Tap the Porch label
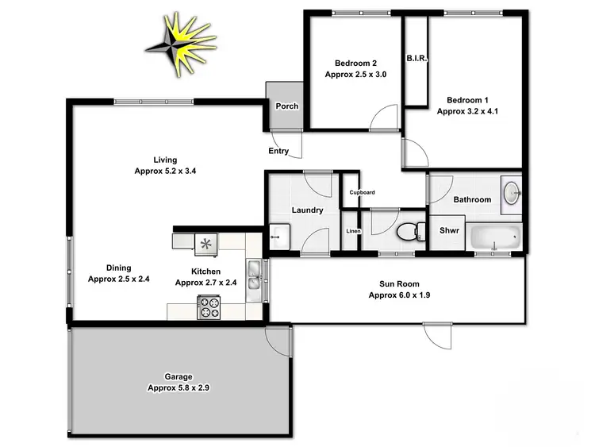click(x=286, y=106)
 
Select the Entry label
click(x=279, y=152)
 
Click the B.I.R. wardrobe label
click(x=416, y=59)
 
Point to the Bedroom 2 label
click(x=355, y=63)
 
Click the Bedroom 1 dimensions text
click(x=467, y=112)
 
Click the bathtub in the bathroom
click(x=496, y=237)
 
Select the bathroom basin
click(x=512, y=194)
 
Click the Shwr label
click(x=448, y=231)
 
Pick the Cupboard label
click(x=362, y=192)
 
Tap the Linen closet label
click(x=353, y=231)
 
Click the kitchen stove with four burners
click(x=209, y=306)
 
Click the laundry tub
click(x=279, y=236)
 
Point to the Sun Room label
click(x=399, y=283)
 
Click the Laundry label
click(x=306, y=210)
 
